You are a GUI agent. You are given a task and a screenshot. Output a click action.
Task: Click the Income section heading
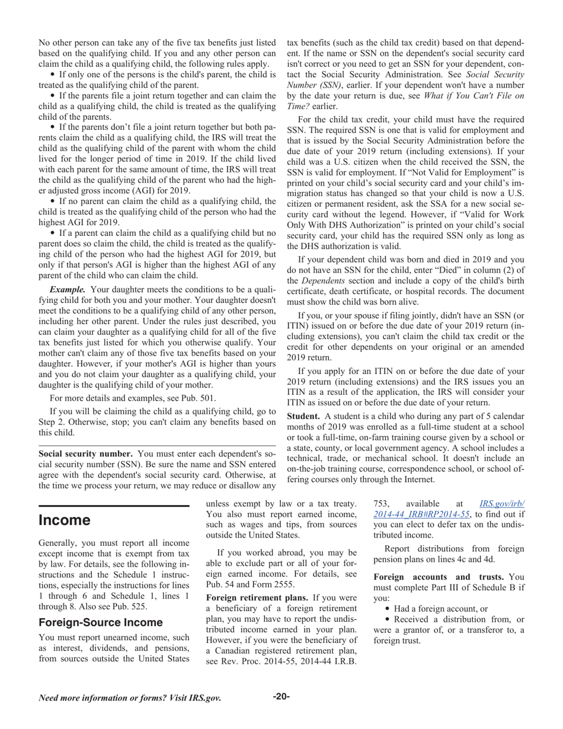click(x=65, y=521)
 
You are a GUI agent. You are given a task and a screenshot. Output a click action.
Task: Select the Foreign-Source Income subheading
click(x=100, y=622)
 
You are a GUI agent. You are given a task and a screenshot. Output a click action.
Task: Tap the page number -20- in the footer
click(x=281, y=696)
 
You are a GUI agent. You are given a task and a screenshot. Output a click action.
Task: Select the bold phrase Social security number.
click(x=85, y=454)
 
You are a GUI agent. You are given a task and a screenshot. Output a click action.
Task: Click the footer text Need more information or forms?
click(x=130, y=698)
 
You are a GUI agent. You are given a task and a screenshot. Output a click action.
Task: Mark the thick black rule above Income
click(x=114, y=506)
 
